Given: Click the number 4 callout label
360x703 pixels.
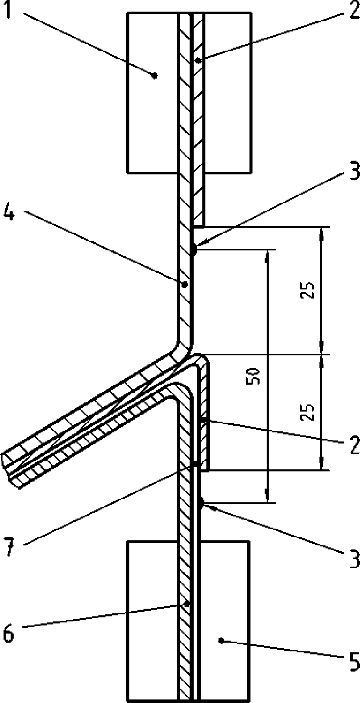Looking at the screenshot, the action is (x=10, y=213).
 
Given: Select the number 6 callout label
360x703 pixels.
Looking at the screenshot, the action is (x=10, y=634).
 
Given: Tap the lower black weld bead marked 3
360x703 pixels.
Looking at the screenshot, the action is (x=201, y=503).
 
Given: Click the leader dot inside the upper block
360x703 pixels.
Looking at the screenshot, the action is (x=155, y=76).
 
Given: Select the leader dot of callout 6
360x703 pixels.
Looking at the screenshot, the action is (x=187, y=604).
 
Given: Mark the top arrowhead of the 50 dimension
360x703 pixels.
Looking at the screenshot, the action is (x=268, y=253).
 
